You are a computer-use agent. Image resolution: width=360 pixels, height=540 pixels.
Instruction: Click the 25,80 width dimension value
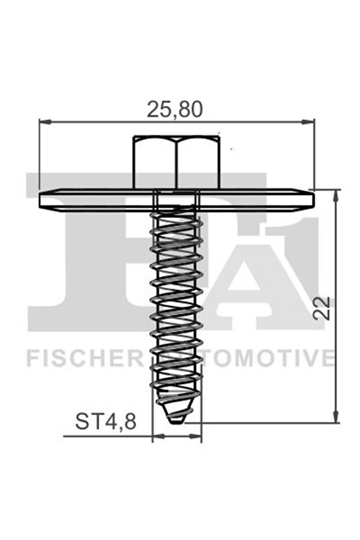click(174, 108)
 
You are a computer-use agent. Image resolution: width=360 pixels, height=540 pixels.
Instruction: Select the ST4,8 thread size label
click(106, 422)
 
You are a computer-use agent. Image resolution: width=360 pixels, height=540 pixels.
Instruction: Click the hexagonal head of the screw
click(176, 162)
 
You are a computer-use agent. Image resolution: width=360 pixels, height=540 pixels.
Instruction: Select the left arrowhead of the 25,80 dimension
click(44, 122)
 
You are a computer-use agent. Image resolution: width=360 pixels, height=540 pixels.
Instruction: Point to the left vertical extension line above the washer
click(39, 154)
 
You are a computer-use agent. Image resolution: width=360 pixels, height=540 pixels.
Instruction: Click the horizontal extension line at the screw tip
click(261, 423)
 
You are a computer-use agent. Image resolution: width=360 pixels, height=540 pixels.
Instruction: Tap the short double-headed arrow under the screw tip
click(177, 436)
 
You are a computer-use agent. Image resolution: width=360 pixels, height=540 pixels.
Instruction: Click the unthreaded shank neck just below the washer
click(176, 204)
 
